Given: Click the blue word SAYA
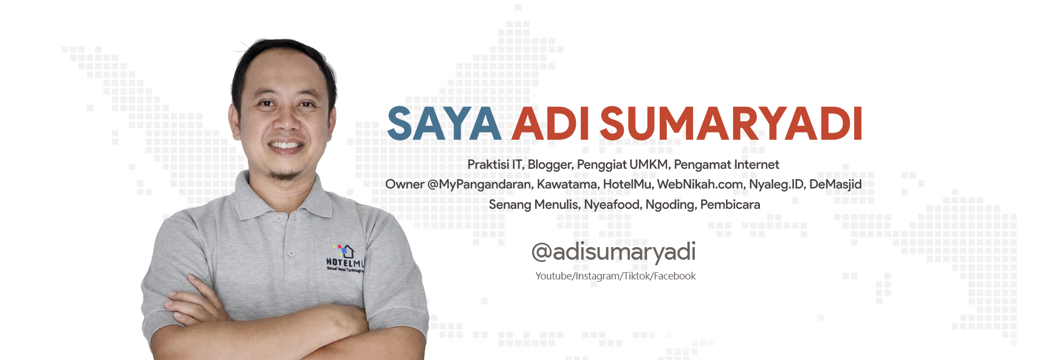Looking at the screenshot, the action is coord(444,124).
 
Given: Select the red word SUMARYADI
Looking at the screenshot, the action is coord(731,124).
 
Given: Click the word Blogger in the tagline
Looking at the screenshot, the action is coord(550,165).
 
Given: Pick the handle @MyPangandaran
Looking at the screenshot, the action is coord(479,185).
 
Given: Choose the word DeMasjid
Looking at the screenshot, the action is coord(836,185).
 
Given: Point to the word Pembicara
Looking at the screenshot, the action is coord(730,205).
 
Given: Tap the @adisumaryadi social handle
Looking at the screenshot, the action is coord(614,252).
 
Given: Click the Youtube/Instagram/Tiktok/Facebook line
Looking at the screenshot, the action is coord(615,276).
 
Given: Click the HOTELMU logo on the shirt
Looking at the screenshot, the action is coord(345,259).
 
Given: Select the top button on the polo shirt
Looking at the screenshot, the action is coord(279,218).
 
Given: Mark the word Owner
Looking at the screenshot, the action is coord(405,185).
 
